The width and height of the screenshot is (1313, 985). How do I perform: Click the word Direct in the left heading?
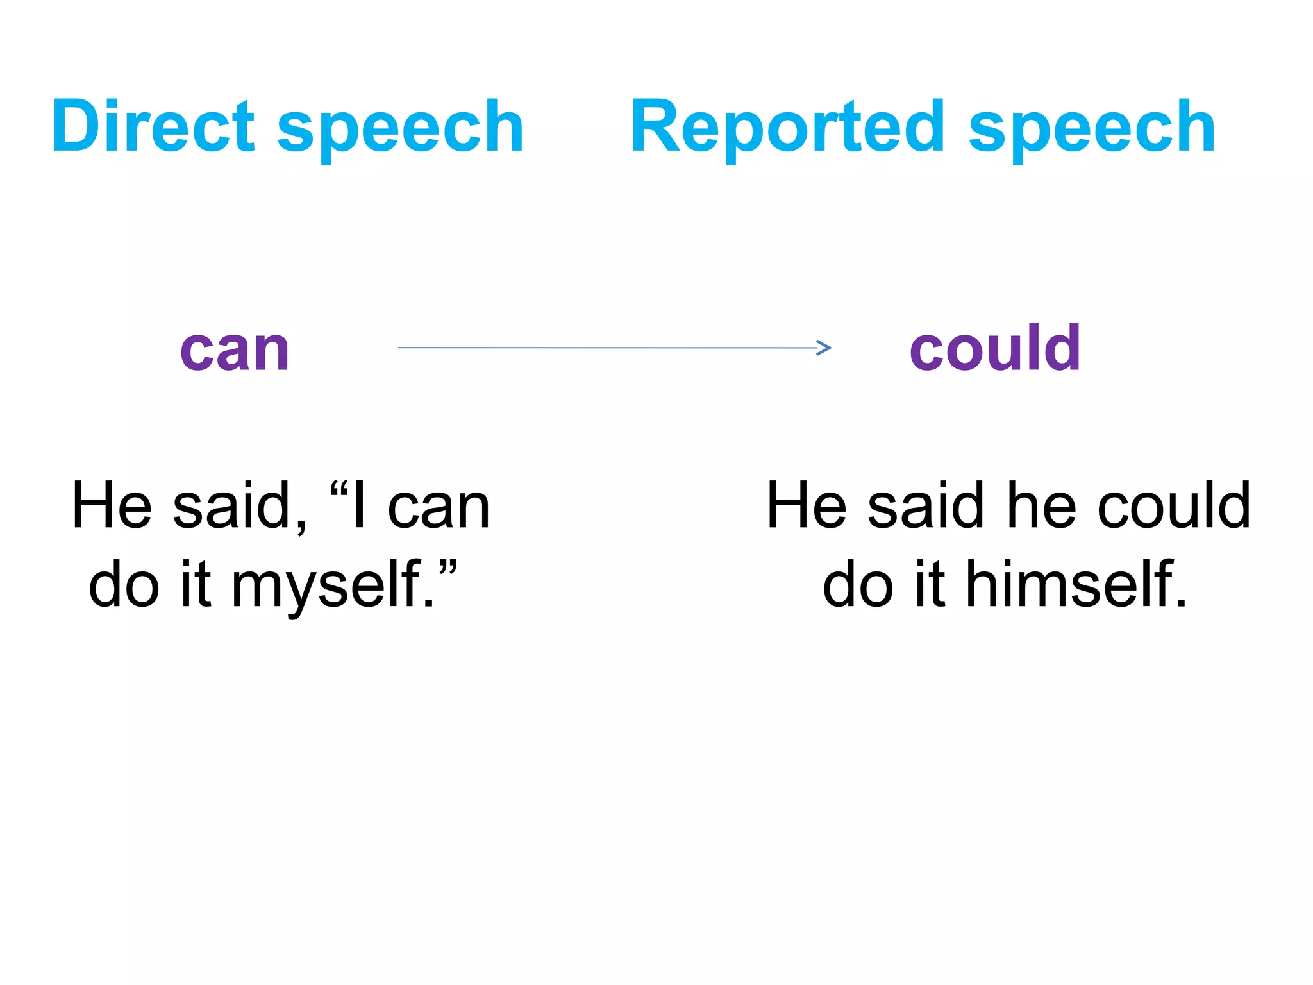point(154,126)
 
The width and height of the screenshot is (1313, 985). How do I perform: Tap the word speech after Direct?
point(401,128)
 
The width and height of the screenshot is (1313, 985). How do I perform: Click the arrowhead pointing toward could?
point(824,348)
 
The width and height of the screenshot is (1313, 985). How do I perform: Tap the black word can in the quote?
point(439,507)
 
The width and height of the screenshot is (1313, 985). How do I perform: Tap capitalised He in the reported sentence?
point(807,506)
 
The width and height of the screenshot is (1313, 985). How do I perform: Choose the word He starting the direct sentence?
point(112,506)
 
